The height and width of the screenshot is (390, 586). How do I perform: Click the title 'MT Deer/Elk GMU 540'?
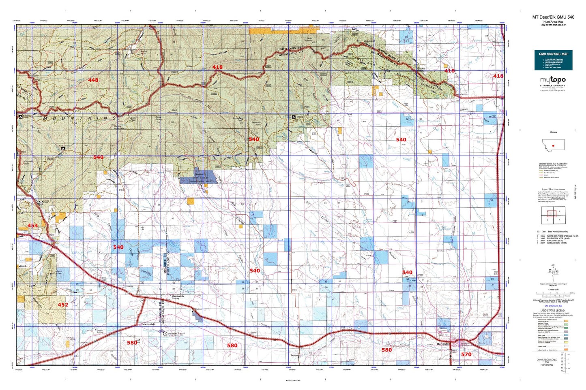(x=553, y=17)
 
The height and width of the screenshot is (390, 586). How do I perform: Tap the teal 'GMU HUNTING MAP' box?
(x=553, y=60)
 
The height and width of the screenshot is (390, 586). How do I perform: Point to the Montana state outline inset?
(x=553, y=145)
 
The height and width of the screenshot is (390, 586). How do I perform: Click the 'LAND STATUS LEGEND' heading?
(x=552, y=311)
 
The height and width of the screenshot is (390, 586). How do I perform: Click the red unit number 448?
(x=93, y=80)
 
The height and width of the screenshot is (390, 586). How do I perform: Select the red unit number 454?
(x=32, y=226)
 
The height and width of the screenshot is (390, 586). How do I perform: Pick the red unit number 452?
(x=63, y=305)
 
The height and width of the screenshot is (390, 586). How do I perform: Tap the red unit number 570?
(x=466, y=354)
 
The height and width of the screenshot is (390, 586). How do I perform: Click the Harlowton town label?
(x=443, y=344)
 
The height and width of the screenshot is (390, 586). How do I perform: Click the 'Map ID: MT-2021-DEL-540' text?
(x=553, y=25)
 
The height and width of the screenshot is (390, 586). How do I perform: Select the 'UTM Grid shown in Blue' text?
(x=552, y=306)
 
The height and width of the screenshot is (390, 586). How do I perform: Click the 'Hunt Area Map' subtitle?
(x=553, y=21)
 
